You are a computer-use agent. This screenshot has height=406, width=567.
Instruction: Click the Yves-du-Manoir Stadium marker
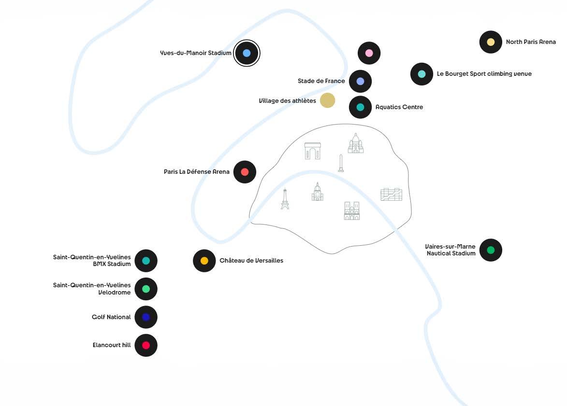247,53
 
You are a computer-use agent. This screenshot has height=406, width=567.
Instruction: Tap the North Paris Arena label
531,42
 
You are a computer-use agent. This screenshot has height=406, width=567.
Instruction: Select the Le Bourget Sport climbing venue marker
422,74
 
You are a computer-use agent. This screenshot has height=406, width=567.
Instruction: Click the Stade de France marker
360,81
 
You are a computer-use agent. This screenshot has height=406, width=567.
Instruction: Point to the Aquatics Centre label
399,107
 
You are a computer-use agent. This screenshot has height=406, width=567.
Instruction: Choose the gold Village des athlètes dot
327,100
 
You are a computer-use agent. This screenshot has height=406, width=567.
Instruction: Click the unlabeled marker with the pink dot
369,53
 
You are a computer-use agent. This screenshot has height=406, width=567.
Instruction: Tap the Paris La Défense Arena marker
245,172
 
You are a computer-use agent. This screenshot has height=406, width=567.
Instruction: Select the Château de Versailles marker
204,261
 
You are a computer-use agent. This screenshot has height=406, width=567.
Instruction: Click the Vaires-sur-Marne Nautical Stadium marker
491,250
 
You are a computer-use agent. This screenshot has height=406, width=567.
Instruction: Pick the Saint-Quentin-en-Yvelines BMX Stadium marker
146,261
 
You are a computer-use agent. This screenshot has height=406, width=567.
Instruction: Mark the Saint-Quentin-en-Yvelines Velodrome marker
146,289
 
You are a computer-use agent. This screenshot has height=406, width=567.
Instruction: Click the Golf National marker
146,317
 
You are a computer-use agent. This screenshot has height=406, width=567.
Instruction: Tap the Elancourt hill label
112,345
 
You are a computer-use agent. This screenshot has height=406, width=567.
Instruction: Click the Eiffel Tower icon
285,199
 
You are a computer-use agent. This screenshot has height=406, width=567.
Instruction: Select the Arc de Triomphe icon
312,151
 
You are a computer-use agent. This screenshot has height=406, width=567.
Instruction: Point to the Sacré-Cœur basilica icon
356,144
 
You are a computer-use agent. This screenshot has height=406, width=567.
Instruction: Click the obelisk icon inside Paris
341,163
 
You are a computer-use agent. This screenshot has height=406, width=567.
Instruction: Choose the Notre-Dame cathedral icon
352,210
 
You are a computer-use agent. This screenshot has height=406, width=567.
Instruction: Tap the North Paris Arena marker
491,42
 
